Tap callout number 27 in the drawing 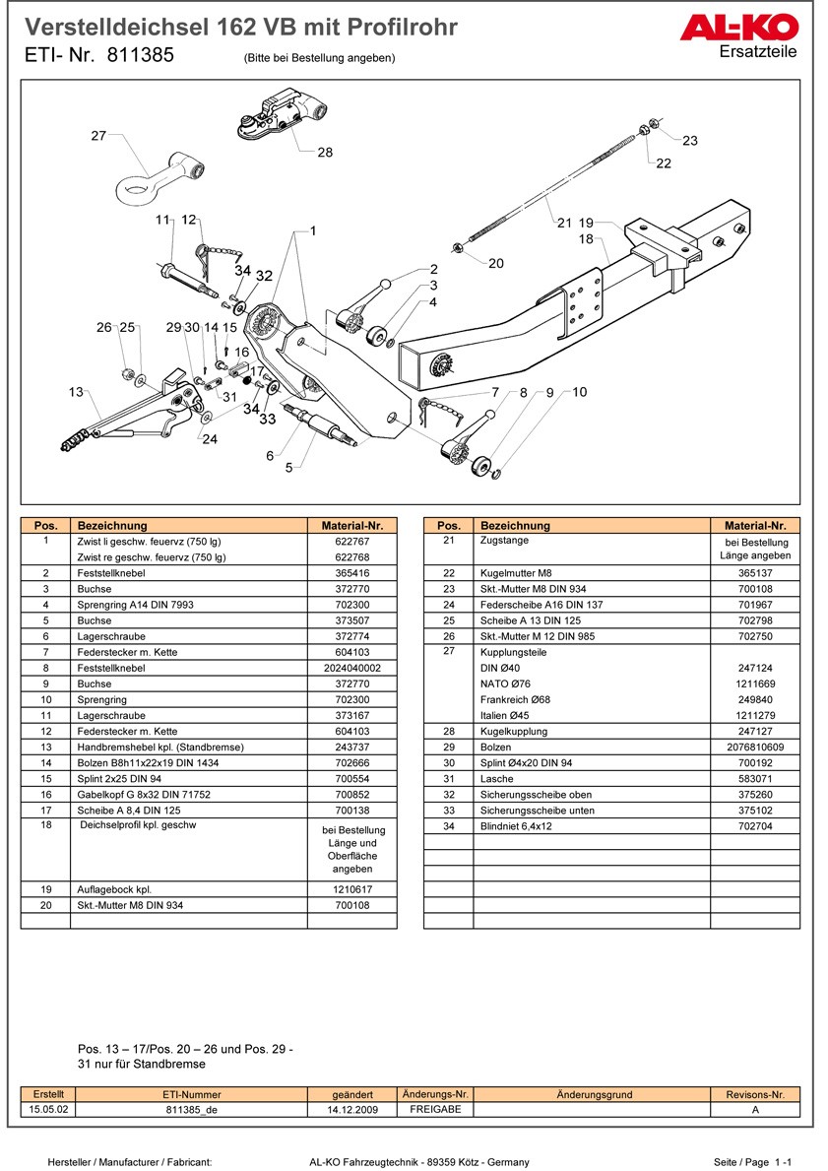click(98, 136)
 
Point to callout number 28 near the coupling click(325, 153)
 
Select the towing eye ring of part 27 click(135, 184)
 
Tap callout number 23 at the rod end click(689, 141)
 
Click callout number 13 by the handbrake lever click(76, 392)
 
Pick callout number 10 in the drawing click(579, 392)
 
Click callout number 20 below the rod click(495, 263)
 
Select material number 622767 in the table click(351, 542)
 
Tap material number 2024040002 click(351, 668)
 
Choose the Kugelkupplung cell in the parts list click(513, 732)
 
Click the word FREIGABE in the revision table click(435, 1109)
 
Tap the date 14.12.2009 click(352, 1109)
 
